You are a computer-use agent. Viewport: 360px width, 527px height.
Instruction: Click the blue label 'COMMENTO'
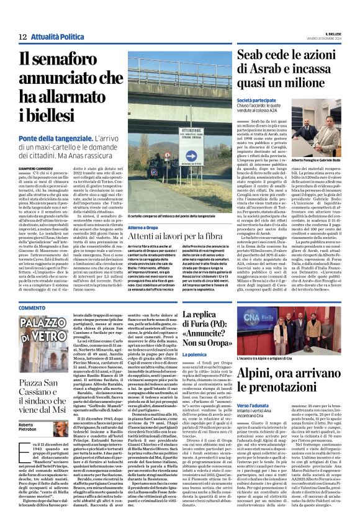click(x=32, y=309)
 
